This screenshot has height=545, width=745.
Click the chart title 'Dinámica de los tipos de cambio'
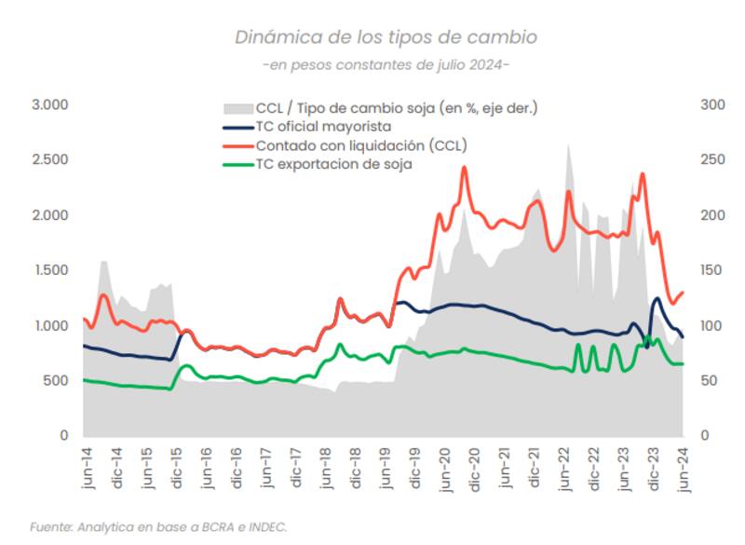[x=386, y=37]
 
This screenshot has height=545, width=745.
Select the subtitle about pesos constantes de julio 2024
[x=386, y=65]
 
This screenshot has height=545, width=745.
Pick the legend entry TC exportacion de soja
[x=333, y=164]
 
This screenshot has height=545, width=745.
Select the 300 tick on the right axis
[x=711, y=104]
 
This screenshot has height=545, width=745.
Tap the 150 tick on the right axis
[x=711, y=270]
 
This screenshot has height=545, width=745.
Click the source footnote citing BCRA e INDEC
[x=158, y=527]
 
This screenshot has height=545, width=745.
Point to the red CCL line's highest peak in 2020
[x=464, y=169]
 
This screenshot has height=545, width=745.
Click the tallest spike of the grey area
[x=568, y=145]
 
